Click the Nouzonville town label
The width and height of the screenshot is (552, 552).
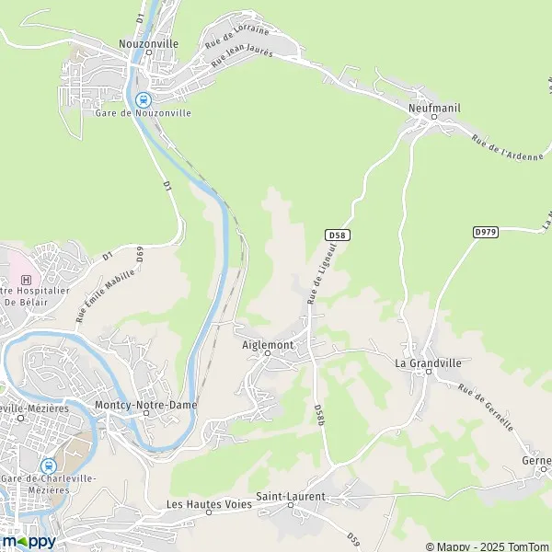(x=148, y=43)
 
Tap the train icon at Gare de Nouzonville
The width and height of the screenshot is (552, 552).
(x=143, y=100)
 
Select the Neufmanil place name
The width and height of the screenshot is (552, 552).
(x=432, y=108)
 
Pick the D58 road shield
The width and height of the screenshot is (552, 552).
(x=338, y=236)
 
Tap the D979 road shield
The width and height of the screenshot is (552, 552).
(x=486, y=232)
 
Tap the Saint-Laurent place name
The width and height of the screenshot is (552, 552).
(x=291, y=497)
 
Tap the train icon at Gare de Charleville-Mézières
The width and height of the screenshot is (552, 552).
(x=48, y=466)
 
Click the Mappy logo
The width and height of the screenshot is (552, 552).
(x=29, y=541)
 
